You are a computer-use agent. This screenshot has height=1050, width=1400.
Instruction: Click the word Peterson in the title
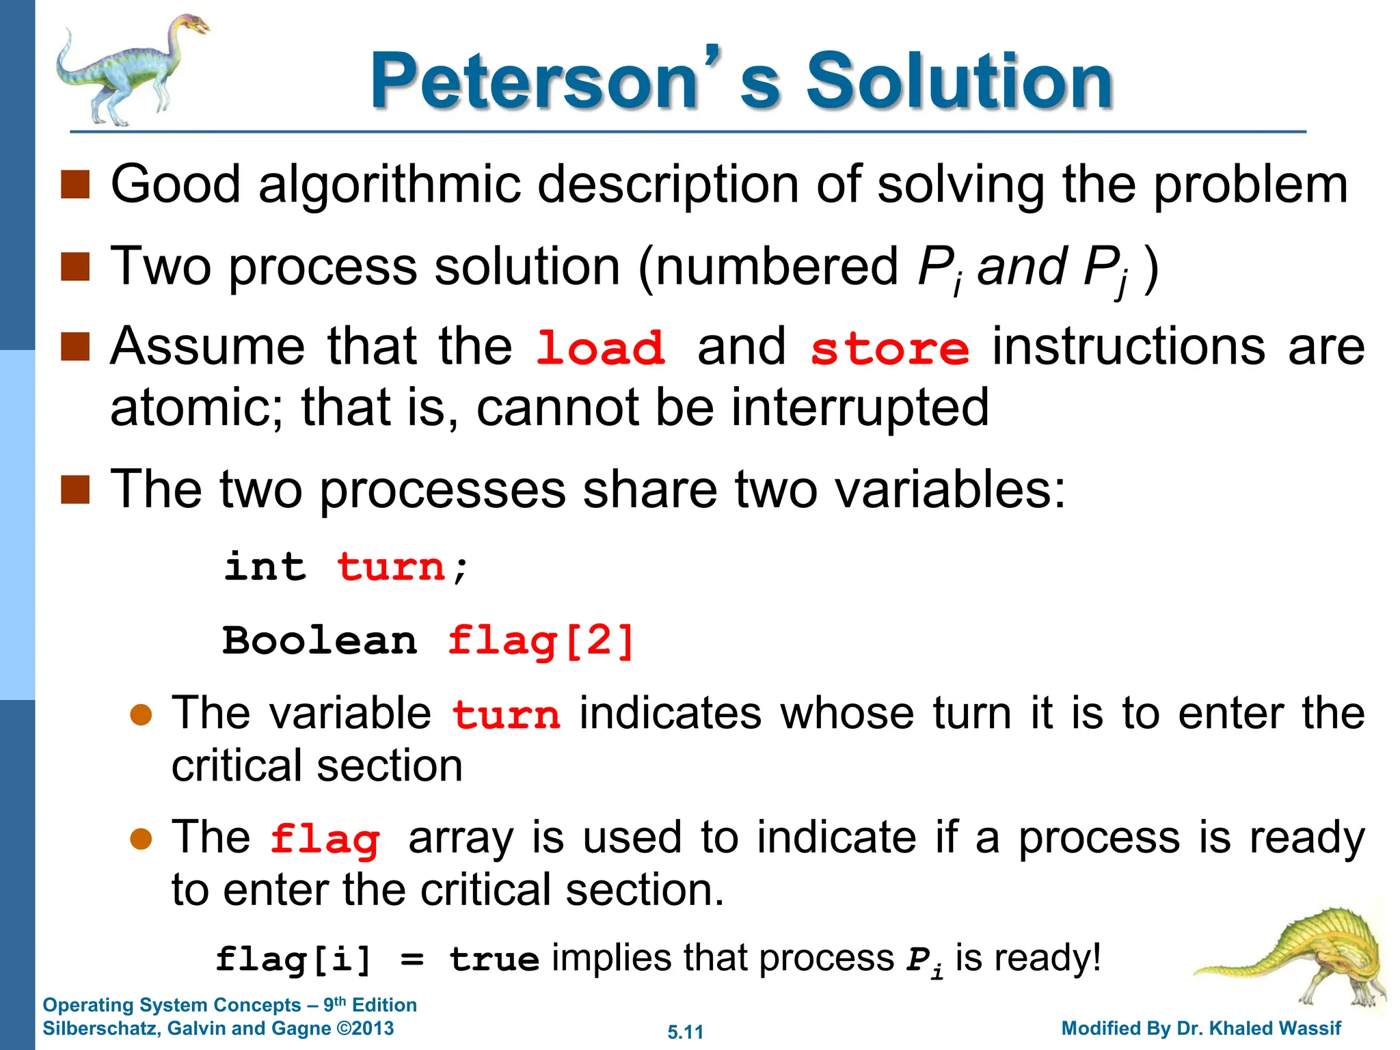tap(533, 82)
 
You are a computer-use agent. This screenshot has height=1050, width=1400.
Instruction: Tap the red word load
tap(600, 348)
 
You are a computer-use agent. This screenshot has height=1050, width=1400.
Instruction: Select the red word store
tap(889, 348)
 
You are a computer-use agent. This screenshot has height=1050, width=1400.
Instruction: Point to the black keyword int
tap(265, 567)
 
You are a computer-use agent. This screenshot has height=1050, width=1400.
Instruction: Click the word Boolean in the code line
tap(320, 641)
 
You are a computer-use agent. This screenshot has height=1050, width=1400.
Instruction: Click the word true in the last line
tap(494, 959)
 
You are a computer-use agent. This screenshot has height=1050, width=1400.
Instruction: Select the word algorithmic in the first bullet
tap(390, 185)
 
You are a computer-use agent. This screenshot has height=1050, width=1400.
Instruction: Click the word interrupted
tap(860, 407)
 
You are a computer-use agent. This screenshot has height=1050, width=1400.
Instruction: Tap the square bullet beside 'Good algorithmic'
tap(75, 185)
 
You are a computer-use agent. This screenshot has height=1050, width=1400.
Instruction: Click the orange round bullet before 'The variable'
tap(141, 715)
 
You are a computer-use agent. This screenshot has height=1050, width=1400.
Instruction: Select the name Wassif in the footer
tap(1310, 1028)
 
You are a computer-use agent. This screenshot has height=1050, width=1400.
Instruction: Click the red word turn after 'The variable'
tap(506, 715)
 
